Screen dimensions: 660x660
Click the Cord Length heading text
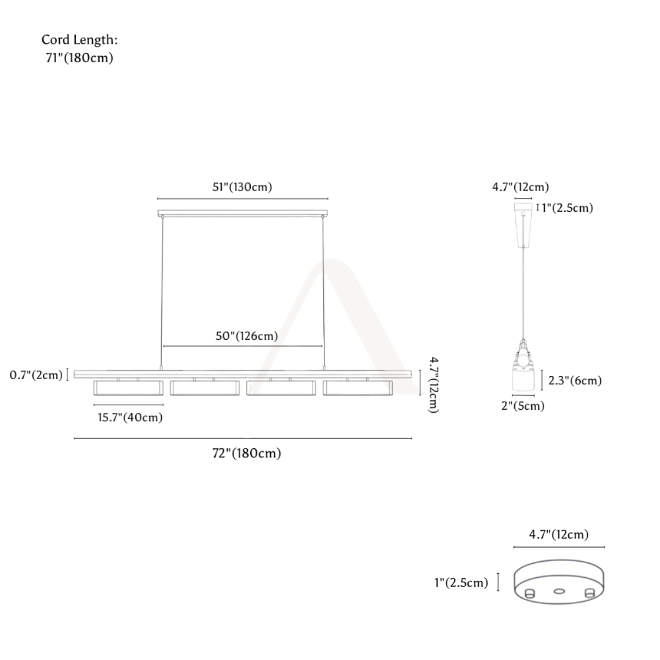click(79, 40)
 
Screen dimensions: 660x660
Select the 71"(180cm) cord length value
click(79, 58)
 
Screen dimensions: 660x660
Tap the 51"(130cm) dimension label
click(242, 187)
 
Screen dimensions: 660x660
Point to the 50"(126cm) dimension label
click(246, 336)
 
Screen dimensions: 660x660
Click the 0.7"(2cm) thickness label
click(36, 375)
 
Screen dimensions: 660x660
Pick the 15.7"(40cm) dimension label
click(130, 417)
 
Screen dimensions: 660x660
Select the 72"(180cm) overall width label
click(246, 453)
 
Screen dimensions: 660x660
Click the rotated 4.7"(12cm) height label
click(434, 385)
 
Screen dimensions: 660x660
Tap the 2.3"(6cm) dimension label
click(575, 381)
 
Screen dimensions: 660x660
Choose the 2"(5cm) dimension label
click(523, 406)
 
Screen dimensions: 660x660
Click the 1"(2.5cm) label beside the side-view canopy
click(567, 208)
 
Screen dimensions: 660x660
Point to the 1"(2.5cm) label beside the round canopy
click(461, 582)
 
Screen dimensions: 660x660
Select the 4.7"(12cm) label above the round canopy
click(559, 534)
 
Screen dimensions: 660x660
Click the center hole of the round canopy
click(559, 591)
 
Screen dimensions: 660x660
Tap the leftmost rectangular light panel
click(129, 388)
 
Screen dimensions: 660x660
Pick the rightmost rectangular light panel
click(358, 388)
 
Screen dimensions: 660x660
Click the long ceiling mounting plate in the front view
click(243, 213)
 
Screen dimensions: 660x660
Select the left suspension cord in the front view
click(162, 293)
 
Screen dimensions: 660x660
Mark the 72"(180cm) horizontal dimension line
click(243, 438)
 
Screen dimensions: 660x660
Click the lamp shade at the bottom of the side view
click(523, 380)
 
